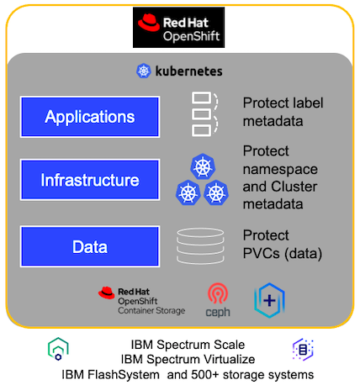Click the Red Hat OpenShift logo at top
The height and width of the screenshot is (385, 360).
(181, 28)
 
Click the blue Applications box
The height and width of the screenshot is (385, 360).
(89, 116)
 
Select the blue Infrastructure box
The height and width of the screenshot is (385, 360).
(89, 180)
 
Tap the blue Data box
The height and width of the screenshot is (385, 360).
(89, 246)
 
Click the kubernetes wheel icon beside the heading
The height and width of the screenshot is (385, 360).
(143, 71)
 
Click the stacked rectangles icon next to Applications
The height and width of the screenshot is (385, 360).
(204, 113)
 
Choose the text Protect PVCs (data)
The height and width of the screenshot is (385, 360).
(285, 243)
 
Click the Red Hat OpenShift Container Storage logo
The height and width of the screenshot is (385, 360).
(140, 299)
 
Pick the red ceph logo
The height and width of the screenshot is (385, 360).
(218, 300)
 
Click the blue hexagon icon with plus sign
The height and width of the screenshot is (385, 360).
(269, 300)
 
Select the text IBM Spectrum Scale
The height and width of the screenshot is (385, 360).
(188, 345)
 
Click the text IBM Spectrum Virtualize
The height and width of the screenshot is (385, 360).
(188, 359)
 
